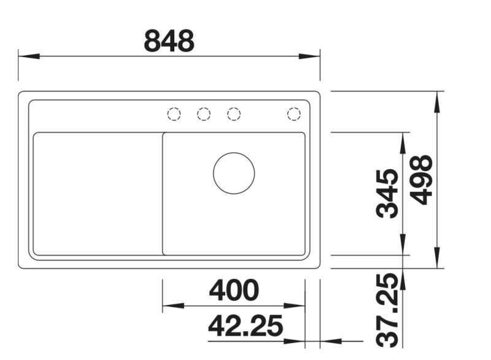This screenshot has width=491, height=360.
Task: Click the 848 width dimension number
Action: [169, 40]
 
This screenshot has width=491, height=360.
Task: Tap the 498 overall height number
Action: [422, 180]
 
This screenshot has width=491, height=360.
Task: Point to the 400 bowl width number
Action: [234, 290]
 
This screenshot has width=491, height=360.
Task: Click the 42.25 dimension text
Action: [245, 326]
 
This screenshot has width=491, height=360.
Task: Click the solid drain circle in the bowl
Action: [234, 173]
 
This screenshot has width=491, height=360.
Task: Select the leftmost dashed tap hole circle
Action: [174, 114]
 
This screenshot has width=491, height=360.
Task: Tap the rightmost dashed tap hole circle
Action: [293, 114]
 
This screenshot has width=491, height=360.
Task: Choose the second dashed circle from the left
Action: [204, 114]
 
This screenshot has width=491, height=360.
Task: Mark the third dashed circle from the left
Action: [234, 114]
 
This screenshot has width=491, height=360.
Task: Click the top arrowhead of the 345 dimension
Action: [403, 143]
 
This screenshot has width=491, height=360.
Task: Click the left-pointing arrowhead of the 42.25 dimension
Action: [331, 341]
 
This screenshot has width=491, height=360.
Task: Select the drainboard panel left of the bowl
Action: [97, 193]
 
